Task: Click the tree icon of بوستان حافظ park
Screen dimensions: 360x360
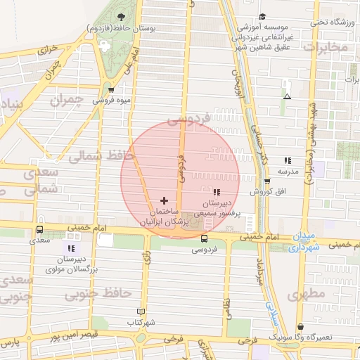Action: [x=123, y=16]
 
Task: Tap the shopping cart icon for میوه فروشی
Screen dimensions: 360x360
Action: [x=111, y=90]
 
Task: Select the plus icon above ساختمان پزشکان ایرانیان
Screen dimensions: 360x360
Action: [x=164, y=200]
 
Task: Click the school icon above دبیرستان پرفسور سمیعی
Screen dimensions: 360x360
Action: [x=216, y=192]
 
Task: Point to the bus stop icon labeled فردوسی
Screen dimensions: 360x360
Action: [x=204, y=238]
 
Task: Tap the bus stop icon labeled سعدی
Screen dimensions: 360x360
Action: [x=39, y=229]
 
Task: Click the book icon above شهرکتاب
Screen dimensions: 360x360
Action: [x=141, y=311]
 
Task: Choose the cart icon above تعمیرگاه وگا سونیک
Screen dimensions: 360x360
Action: [x=300, y=327]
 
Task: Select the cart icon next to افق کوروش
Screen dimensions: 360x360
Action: [x=266, y=181]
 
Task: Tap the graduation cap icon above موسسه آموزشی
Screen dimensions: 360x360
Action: [x=262, y=17]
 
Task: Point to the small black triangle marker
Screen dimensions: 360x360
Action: [x=286, y=96]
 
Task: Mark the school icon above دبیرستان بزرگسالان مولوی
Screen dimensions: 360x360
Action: [x=70, y=248]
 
